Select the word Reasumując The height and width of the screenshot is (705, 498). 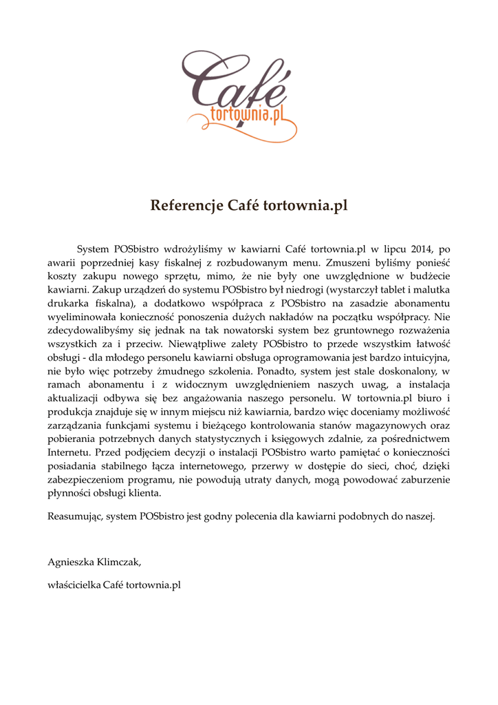pyautogui.click(x=75, y=516)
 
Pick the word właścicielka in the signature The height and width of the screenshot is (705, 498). pyautogui.click(x=74, y=585)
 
